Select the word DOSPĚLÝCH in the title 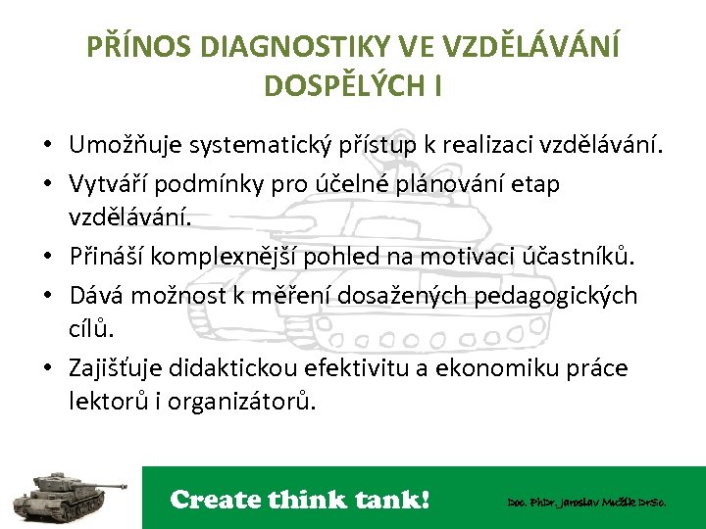point(339,85)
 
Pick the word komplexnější point(233,258)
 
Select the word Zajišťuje point(115,368)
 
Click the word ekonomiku point(515,368)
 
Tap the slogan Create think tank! point(300,500)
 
